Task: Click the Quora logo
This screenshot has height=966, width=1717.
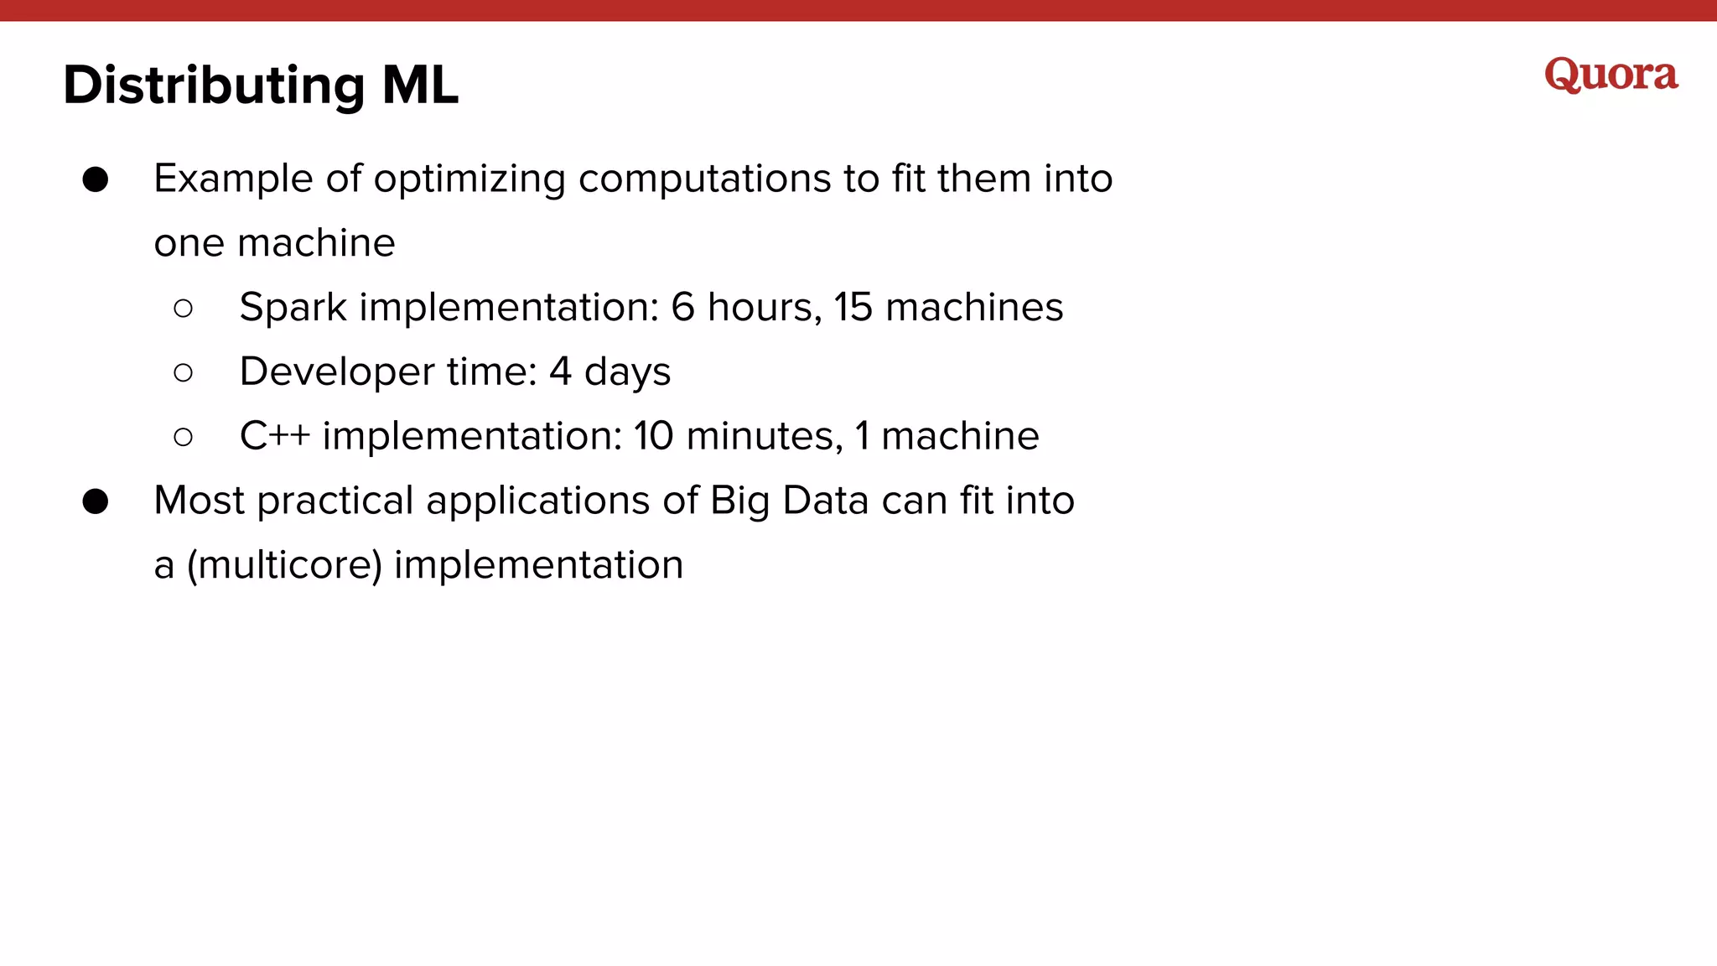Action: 1611,75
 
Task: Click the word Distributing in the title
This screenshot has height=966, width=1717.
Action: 214,86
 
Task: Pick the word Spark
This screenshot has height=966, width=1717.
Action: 293,308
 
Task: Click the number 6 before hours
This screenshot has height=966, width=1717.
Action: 682,308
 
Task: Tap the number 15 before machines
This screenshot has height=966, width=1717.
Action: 853,308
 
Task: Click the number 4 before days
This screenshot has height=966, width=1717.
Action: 560,372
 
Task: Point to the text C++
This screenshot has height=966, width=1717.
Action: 274,436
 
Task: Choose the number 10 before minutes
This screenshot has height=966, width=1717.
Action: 653,436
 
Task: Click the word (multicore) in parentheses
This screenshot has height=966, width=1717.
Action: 284,565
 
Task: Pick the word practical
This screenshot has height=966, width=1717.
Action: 335,501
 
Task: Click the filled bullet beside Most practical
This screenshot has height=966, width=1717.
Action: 96,501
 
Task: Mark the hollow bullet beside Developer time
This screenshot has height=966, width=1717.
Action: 184,372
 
